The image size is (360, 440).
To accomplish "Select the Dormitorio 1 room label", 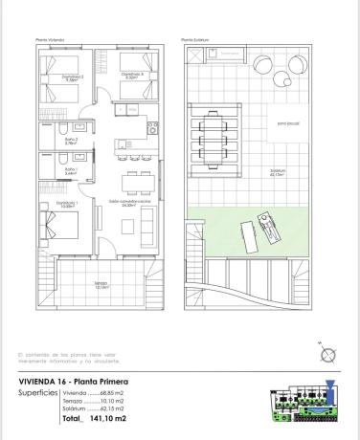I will (x=65, y=204).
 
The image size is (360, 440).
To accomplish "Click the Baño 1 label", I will (x=70, y=171).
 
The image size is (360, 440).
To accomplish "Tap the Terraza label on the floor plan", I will (x=101, y=285).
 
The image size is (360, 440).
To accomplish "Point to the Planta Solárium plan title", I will (x=193, y=39).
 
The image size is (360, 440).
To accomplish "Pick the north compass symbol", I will (x=328, y=356).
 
